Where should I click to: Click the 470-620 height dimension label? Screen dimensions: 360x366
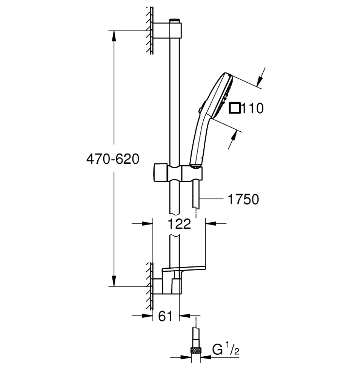pyautogui.click(x=113, y=159)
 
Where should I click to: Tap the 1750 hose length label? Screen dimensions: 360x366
pyautogui.click(x=243, y=199)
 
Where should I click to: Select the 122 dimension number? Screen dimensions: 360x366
pyautogui.click(x=180, y=224)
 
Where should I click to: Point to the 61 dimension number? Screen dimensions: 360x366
pyautogui.click(x=165, y=316)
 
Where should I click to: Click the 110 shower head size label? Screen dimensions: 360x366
pyautogui.click(x=252, y=108)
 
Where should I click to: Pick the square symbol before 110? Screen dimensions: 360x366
pyautogui.click(x=235, y=108)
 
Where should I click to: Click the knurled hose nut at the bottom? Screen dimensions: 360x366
pyautogui.click(x=196, y=350)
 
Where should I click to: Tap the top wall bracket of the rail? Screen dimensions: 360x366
pyautogui.click(x=167, y=30)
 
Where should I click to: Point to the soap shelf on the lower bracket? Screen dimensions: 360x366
pyautogui.click(x=184, y=269)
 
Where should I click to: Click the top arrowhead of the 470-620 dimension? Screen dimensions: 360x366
pyautogui.click(x=114, y=36)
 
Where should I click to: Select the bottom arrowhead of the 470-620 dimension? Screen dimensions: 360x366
pyautogui.click(x=114, y=280)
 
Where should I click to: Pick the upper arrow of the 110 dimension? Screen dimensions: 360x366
pyautogui.click(x=261, y=77)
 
